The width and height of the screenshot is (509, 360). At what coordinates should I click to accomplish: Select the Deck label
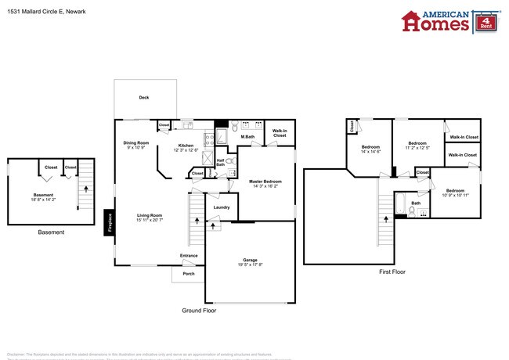coord(143,98)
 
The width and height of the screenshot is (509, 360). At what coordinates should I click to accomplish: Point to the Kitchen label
coord(186,146)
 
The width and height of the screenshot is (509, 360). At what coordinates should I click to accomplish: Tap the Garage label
coord(251,261)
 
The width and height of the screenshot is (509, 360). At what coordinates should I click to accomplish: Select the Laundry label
coord(222,207)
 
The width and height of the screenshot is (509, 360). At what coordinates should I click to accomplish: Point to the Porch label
coord(189,274)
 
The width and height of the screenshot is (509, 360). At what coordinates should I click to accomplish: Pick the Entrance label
coord(189,255)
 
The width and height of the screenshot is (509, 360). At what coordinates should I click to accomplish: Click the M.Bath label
coord(247,138)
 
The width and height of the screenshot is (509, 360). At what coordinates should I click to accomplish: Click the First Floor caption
coord(392,272)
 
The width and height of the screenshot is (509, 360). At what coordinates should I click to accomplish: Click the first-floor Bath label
coord(416,203)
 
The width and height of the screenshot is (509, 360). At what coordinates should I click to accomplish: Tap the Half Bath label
coord(220,163)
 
